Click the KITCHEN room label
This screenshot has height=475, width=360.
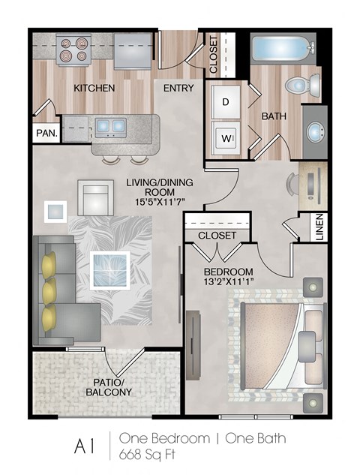[94, 88]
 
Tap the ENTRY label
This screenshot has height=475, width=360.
[178, 88]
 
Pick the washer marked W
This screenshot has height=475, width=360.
[226, 137]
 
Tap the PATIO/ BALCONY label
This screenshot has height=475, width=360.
[108, 386]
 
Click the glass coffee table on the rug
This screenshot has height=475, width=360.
[109, 269]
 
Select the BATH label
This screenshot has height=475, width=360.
[271, 116]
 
